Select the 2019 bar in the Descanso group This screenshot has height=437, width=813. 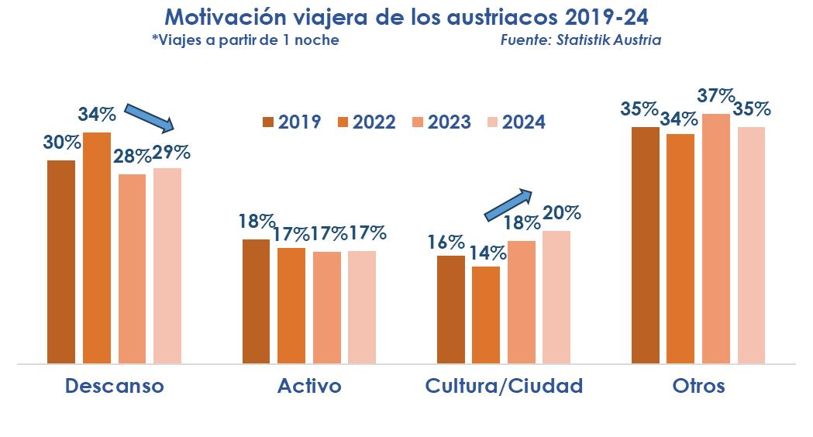tap(61, 262)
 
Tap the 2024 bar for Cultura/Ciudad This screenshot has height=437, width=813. tap(556, 297)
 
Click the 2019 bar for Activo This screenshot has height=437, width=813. tap(257, 301)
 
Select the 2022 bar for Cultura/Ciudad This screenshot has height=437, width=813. tap(486, 315)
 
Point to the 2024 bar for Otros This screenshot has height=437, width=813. tap(751, 245)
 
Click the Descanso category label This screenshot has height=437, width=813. tap(115, 386)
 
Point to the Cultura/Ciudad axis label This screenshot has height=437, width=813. tap(504, 386)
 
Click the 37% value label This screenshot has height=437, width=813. tap(715, 96)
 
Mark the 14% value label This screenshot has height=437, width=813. tap(488, 252)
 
